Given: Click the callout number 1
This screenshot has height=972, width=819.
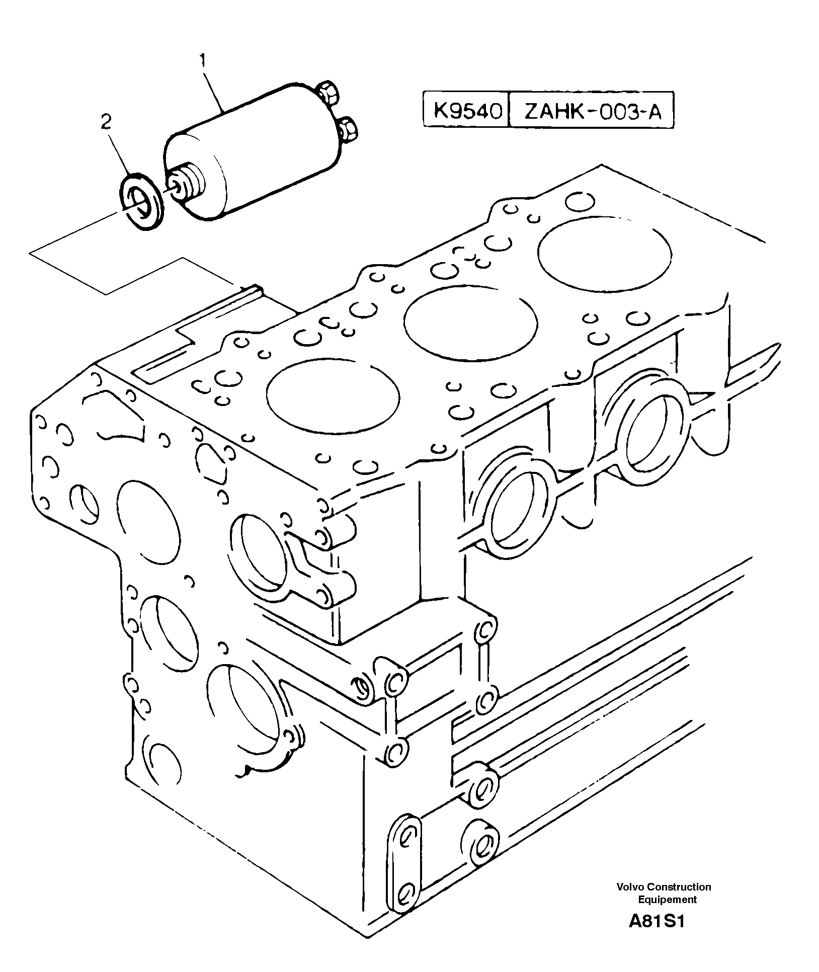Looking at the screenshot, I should click(203, 61).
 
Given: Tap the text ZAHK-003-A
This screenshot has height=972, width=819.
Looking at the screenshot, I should click(592, 111).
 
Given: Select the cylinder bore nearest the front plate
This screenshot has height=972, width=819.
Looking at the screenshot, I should click(333, 395).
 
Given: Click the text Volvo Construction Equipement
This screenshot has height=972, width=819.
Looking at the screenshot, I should click(664, 893).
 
